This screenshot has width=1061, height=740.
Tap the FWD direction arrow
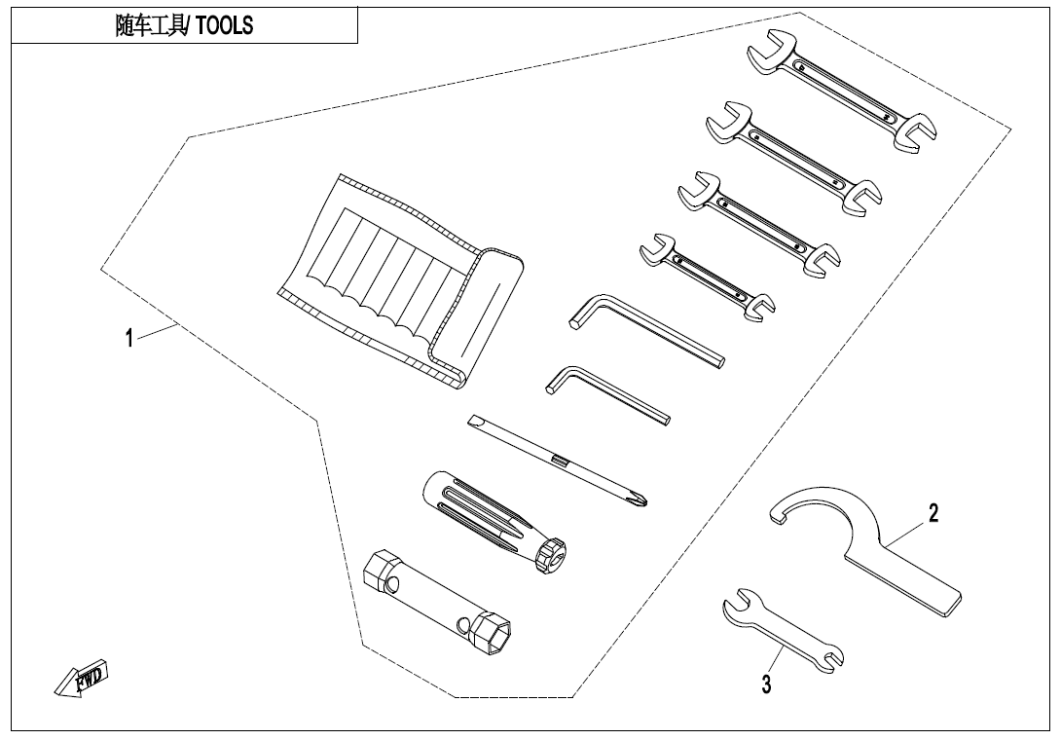(x=81, y=678)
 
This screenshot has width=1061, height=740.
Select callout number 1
(x=129, y=338)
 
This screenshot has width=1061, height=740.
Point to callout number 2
(x=933, y=513)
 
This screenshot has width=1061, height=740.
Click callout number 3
(x=766, y=684)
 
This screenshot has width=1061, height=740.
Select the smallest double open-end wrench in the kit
(x=707, y=277)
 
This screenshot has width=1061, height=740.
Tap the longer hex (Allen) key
(x=647, y=330)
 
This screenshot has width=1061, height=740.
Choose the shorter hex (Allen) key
(x=607, y=395)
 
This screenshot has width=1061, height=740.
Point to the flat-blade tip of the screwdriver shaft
(x=472, y=421)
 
